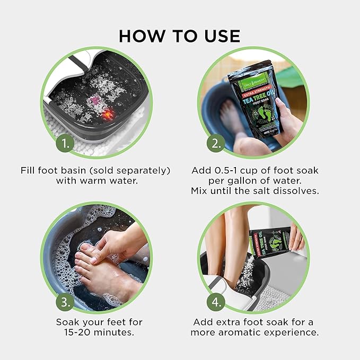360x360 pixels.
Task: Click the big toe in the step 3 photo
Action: click(x=85, y=248)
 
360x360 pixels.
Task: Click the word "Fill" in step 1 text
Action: click(x=29, y=171)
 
